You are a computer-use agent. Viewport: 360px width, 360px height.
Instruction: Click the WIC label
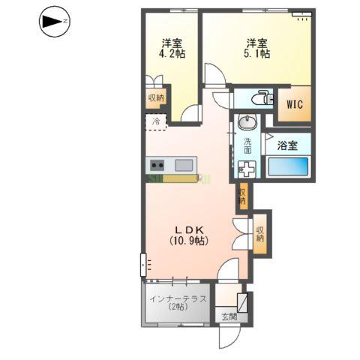(x=292, y=105)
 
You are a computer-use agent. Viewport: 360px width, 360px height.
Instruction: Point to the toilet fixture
(x=259, y=98)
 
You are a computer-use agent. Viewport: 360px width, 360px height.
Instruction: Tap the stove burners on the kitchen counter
(x=158, y=165)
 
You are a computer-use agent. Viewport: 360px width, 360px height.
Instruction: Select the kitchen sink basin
(x=184, y=165)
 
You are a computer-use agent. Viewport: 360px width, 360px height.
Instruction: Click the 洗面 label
(x=247, y=145)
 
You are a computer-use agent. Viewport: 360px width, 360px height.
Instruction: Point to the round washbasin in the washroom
(x=247, y=122)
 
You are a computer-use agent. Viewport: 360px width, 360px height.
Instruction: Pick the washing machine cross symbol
(x=247, y=170)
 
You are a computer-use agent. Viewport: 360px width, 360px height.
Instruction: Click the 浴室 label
(x=287, y=145)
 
